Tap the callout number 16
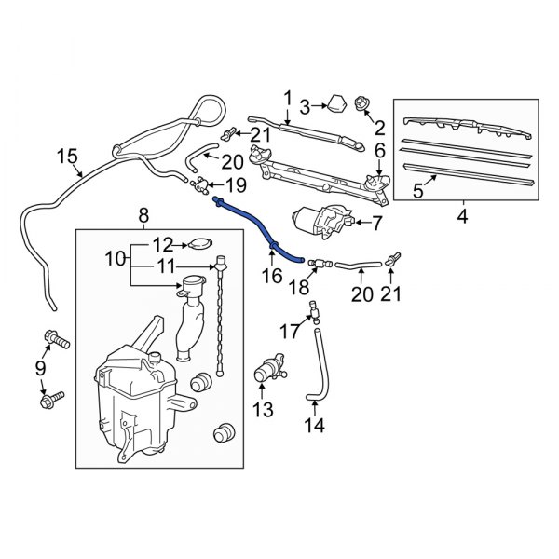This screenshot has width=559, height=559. pos(271,277)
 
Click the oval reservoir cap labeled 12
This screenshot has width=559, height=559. pos(198,245)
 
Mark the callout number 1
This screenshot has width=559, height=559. pos(288,98)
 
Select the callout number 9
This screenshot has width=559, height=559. pos(40,368)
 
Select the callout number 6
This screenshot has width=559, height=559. pos(379,149)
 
